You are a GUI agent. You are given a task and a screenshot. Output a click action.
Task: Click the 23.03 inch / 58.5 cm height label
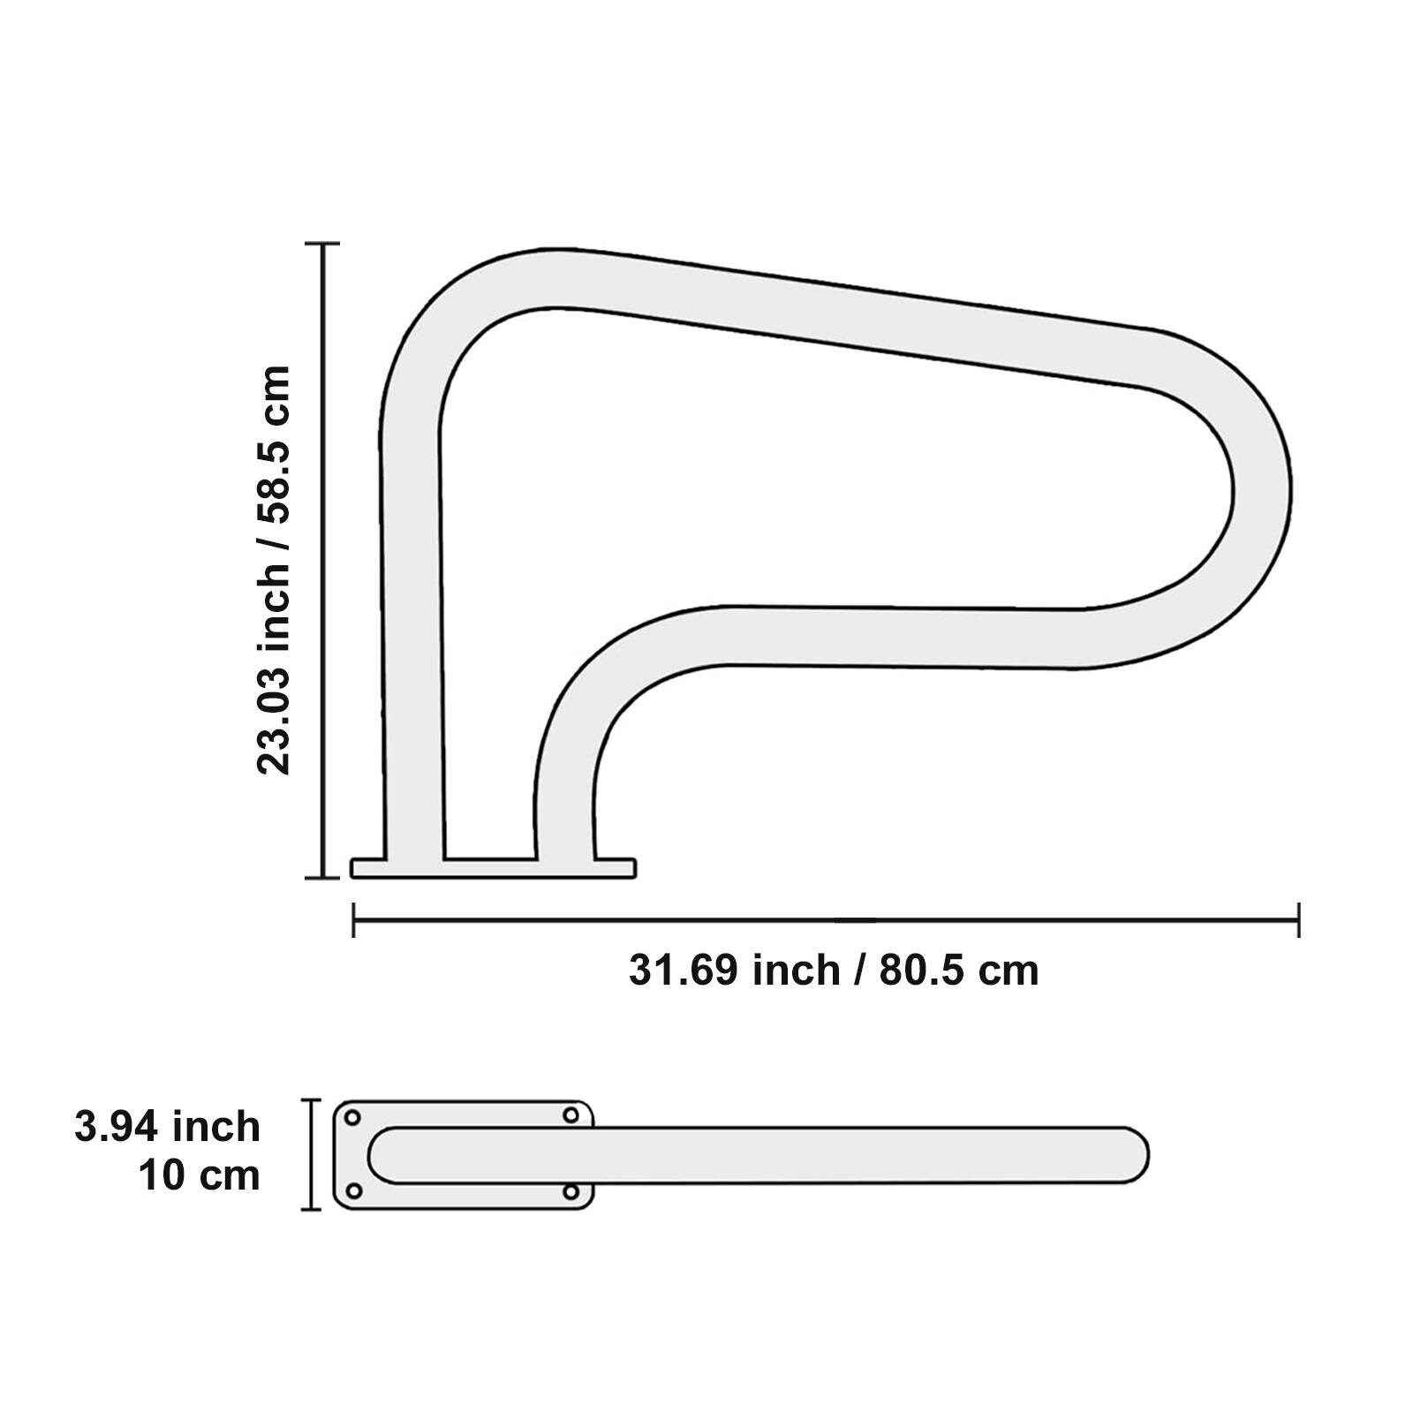[x=274, y=570]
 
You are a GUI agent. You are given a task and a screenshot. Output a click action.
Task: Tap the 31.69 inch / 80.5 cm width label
[x=833, y=970]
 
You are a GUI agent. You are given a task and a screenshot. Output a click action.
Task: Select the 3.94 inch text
[x=168, y=1127]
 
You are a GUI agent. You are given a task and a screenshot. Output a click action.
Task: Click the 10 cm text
[x=200, y=1175]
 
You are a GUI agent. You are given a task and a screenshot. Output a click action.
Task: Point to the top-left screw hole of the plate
[x=351, y=1117]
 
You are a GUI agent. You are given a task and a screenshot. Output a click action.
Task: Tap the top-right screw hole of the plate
[x=571, y=1115]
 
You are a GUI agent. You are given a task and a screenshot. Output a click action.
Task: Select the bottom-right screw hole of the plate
[x=571, y=1192]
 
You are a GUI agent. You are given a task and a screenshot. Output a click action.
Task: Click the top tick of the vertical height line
[x=323, y=243]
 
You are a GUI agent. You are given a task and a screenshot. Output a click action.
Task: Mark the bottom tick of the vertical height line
[x=323, y=877]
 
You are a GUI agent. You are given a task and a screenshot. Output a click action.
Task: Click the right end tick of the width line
[x=1298, y=920]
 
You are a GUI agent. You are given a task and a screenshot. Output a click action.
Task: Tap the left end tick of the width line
[x=353, y=920]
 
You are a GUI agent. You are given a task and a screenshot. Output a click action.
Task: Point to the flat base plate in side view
[x=493, y=868]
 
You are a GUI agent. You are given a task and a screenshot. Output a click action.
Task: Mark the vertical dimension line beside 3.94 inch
[x=311, y=1154]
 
